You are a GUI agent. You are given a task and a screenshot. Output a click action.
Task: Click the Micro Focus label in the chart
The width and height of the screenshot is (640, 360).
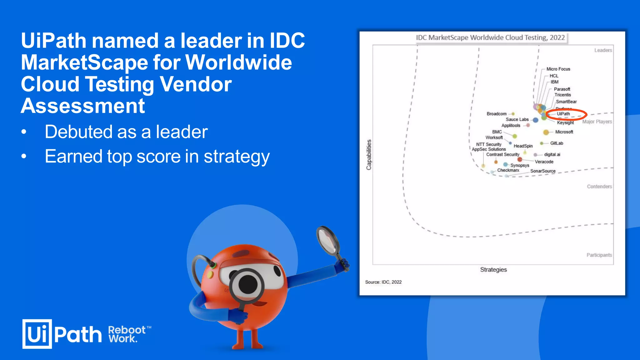coord(558,69)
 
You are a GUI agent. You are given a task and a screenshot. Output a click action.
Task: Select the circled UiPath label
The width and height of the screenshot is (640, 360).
coord(563,114)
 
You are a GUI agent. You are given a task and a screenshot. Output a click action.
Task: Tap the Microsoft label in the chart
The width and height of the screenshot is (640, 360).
coord(564,132)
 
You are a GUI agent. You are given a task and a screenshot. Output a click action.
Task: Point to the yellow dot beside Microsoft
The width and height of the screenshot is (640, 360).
coord(546,132)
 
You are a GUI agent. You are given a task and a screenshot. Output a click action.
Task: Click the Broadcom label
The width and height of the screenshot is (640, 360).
coord(496,114)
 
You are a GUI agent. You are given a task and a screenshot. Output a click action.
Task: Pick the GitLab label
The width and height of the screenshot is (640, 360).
coord(557,143)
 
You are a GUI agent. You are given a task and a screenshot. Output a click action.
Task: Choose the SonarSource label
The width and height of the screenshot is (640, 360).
coord(543,171)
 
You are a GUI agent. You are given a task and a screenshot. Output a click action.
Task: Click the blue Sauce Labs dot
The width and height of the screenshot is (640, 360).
coord(536,120)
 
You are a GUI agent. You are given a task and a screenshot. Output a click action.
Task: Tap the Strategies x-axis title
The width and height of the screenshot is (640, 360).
coord(493,269)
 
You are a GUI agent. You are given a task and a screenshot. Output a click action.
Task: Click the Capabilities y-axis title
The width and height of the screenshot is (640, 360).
coord(369,155)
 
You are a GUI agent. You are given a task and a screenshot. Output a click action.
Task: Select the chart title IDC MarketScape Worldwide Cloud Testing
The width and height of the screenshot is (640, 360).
coord(490,37)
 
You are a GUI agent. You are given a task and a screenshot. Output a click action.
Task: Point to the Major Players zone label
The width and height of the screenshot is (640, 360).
coord(597,122)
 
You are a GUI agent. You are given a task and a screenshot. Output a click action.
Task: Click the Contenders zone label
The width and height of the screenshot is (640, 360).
coord(599,187)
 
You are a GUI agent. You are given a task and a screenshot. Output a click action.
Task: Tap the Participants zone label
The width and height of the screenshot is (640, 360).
coord(599,255)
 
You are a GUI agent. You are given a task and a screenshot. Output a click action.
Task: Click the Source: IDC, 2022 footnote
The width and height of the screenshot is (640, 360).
coord(383,282)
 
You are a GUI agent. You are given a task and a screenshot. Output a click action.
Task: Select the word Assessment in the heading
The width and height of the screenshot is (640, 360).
coord(83,106)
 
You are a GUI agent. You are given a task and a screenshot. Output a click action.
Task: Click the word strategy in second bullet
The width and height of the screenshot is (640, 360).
coord(237,157)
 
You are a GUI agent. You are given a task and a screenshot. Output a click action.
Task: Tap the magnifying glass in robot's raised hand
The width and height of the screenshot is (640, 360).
coord(328,240)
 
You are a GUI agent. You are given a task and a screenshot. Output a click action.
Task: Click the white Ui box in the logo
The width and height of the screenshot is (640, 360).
coord(37,334)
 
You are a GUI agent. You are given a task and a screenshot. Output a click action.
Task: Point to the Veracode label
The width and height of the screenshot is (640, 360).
coord(544,162)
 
